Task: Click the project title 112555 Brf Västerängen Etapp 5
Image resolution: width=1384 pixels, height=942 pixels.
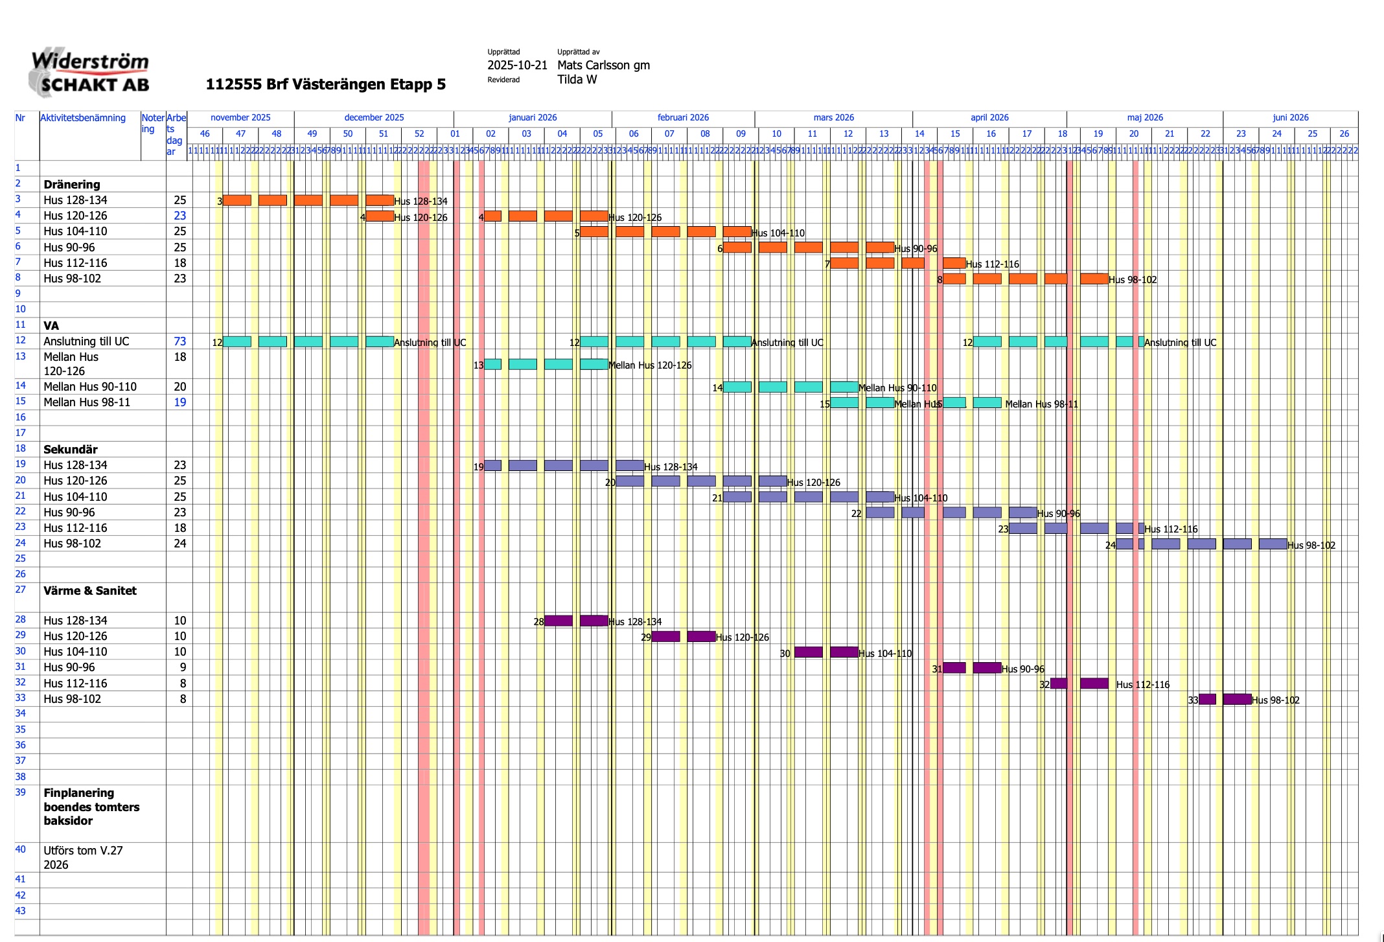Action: tap(325, 85)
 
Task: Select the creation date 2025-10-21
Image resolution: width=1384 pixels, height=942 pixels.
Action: tap(517, 65)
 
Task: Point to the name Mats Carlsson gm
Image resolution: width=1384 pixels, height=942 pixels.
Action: tap(603, 65)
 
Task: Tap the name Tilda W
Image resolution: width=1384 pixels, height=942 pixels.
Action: tap(577, 80)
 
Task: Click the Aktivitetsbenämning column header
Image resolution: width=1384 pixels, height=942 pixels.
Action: tap(83, 118)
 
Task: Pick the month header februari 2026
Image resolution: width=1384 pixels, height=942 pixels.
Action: tap(683, 118)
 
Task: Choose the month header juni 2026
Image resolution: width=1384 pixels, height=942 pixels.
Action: tap(1290, 118)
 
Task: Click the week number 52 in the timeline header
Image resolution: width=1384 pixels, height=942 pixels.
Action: tap(419, 134)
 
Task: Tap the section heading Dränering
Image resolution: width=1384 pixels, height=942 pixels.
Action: tap(72, 185)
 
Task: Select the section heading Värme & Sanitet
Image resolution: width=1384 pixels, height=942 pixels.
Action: tap(90, 591)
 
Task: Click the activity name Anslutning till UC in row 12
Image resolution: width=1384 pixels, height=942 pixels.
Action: tap(86, 341)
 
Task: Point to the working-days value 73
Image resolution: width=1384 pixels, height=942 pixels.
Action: tap(179, 341)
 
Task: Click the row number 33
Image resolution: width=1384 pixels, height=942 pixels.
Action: tap(21, 698)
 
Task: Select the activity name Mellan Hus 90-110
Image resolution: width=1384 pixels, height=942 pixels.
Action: tap(90, 387)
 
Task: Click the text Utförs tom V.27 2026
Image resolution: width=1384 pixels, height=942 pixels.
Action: tap(83, 858)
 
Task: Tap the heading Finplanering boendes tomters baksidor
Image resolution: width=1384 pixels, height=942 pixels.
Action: tap(91, 807)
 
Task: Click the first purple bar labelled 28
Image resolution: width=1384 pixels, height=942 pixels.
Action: tap(558, 621)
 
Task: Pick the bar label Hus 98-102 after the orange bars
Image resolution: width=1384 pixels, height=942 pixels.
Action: tap(1133, 280)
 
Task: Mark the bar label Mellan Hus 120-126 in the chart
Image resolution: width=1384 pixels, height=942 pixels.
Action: tap(650, 365)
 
